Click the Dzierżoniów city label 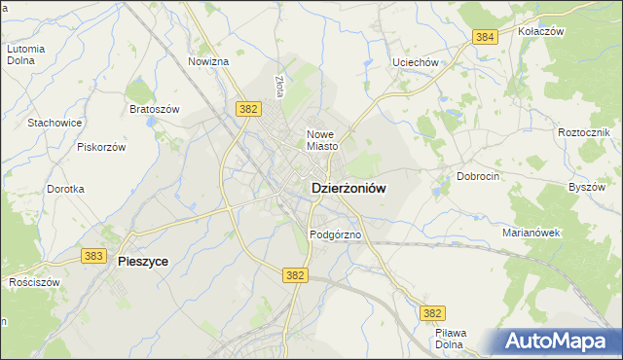(x=348, y=191)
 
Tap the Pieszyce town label (x=142, y=261)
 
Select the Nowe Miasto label (x=322, y=140)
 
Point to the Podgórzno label (x=336, y=235)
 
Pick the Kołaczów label (x=541, y=31)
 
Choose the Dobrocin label (x=478, y=177)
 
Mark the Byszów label (x=586, y=186)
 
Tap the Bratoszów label (x=155, y=109)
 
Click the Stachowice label (x=55, y=123)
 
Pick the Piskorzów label (x=101, y=147)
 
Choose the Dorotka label (x=65, y=189)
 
